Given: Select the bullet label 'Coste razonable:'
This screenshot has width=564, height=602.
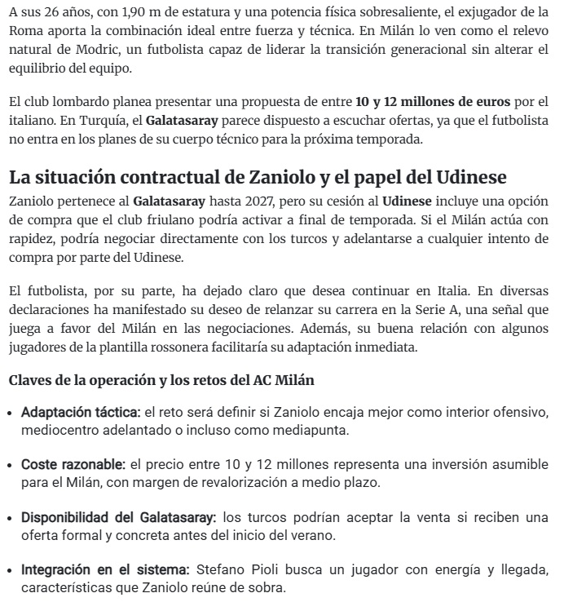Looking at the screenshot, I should (73, 464).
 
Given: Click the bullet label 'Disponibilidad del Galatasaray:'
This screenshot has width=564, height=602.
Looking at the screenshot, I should (119, 517).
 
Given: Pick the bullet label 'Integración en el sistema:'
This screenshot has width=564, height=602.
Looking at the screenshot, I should (105, 570).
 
